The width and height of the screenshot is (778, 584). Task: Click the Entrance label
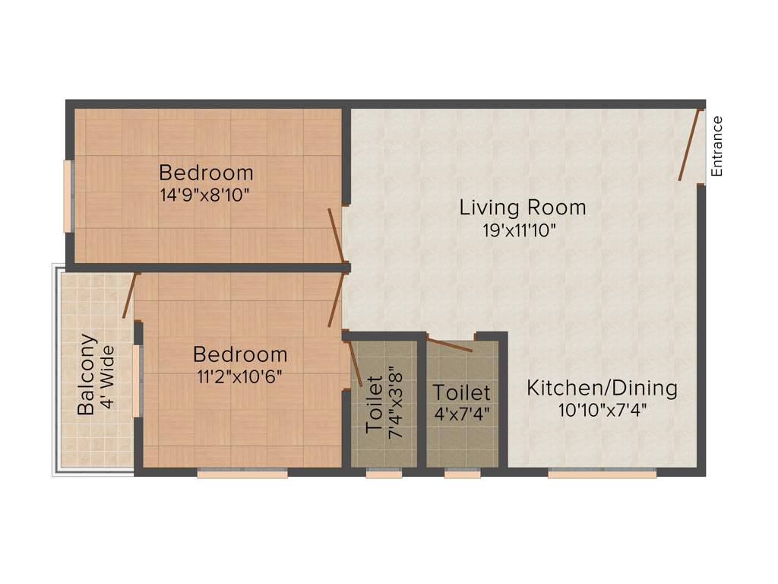click(x=716, y=146)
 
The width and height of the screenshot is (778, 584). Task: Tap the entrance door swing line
click(x=689, y=144)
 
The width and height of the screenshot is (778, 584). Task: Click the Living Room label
click(x=523, y=207)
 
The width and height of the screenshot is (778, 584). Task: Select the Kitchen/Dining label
click(x=602, y=389)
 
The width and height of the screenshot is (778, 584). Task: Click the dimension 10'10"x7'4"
click(x=602, y=411)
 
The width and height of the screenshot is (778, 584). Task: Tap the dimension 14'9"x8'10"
click(x=205, y=195)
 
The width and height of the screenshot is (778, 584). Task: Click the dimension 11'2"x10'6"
click(x=239, y=377)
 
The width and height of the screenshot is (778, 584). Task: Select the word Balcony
click(x=87, y=374)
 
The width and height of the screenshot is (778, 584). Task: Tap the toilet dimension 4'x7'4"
click(x=462, y=414)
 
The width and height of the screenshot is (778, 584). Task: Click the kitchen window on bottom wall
click(x=602, y=473)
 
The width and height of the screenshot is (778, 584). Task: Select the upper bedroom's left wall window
click(x=68, y=195)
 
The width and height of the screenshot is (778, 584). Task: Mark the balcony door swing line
click(x=130, y=295)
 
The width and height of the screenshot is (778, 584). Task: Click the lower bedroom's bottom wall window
click(x=242, y=473)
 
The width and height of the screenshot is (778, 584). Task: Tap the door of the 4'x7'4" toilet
click(x=450, y=345)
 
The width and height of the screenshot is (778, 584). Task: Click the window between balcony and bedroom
click(x=137, y=380)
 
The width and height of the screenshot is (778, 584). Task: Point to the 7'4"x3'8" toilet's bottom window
click(x=384, y=473)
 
